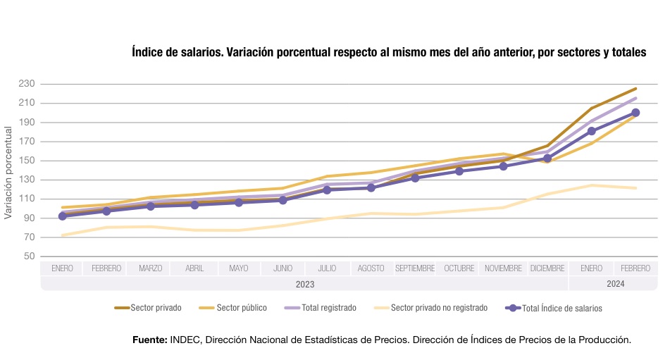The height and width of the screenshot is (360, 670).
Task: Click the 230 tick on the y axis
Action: (x=26, y=84)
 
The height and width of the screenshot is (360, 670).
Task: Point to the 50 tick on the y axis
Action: (x=28, y=256)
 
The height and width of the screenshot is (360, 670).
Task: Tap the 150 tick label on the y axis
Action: (x=26, y=161)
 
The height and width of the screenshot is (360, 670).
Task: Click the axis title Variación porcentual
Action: (x=8, y=173)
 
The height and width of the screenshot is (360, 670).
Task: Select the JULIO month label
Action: (x=327, y=268)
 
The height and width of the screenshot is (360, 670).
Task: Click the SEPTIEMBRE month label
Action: (x=415, y=268)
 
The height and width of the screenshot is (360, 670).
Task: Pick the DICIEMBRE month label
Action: (x=547, y=268)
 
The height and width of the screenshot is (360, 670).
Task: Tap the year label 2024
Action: (x=614, y=284)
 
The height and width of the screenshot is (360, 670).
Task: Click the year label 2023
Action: (x=304, y=284)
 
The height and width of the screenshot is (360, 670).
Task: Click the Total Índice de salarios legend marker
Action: (x=514, y=308)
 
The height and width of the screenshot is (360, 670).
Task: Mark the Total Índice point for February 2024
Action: (x=635, y=113)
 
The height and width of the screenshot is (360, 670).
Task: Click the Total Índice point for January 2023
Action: (x=63, y=216)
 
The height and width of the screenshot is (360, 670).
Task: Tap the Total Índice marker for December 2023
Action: (x=547, y=159)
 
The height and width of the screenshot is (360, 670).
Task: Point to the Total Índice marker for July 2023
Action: (x=327, y=190)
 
